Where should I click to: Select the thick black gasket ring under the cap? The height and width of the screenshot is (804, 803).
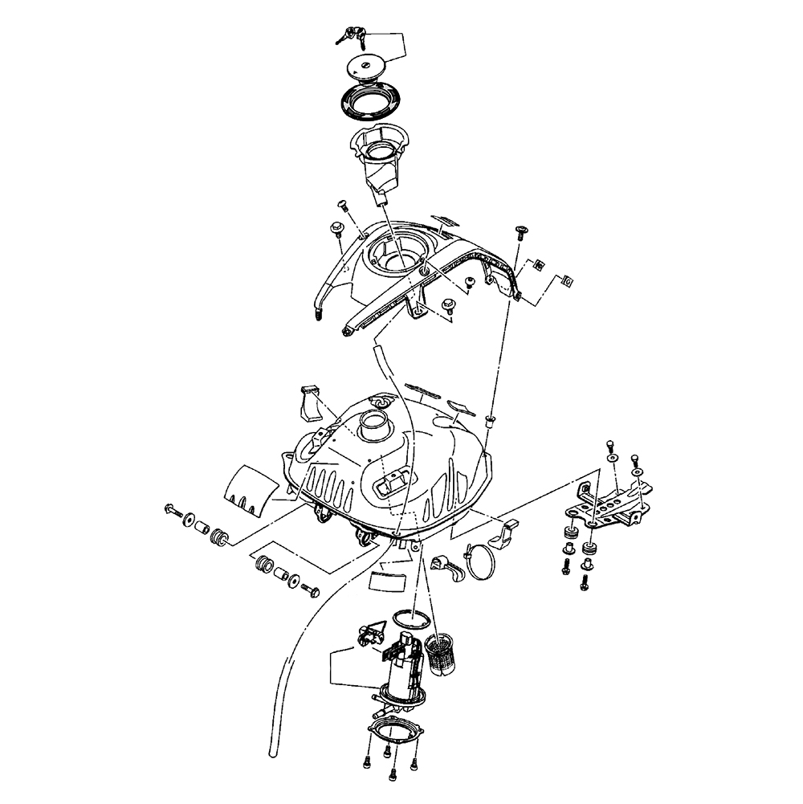371,103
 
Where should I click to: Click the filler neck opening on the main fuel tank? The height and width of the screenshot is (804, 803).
374,422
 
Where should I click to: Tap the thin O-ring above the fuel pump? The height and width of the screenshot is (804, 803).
411,619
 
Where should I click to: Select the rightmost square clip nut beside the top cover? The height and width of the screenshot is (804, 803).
567,280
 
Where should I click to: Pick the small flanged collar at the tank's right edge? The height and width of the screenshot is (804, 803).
491,419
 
